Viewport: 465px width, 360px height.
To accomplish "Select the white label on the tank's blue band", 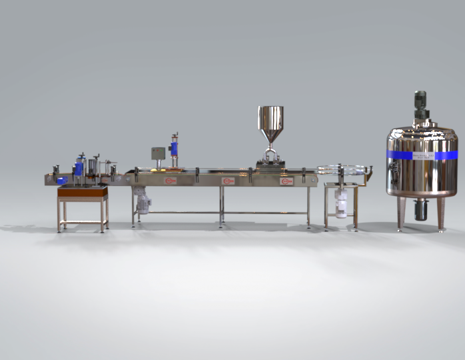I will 421,155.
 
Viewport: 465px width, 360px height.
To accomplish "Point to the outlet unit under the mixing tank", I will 420,210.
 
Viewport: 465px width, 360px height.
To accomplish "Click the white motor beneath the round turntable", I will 341,204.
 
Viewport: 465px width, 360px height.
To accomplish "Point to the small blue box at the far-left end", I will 61,180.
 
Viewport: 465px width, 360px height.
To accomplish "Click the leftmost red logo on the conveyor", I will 171,180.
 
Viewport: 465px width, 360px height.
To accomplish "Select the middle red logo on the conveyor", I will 229,181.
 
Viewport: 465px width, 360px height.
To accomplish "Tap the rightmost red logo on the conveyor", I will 287,181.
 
